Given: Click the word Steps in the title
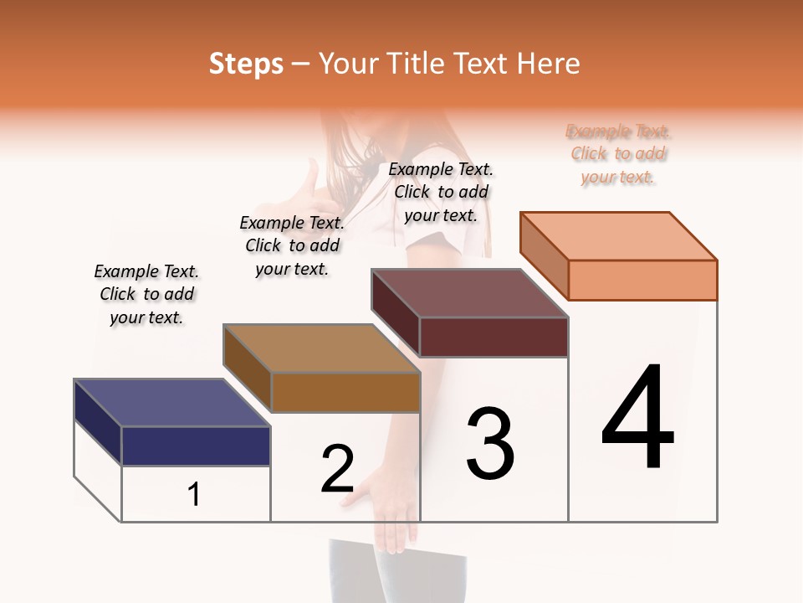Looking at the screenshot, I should pyautogui.click(x=245, y=64).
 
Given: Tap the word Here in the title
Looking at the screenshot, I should pyautogui.click(x=548, y=64).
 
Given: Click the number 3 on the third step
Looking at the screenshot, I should pyautogui.click(x=489, y=443).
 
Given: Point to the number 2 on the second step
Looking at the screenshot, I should pyautogui.click(x=337, y=469).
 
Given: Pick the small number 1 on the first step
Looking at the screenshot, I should pyautogui.click(x=194, y=494).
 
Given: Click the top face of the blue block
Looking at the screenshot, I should pyautogui.click(x=171, y=403).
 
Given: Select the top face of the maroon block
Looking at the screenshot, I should pyautogui.click(x=469, y=293).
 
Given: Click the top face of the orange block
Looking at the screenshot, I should pyautogui.click(x=618, y=235).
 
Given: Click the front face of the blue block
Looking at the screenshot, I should pyautogui.click(x=196, y=446).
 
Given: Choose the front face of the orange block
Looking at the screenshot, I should pyautogui.click(x=642, y=280).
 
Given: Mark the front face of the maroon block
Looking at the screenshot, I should pyautogui.click(x=494, y=337).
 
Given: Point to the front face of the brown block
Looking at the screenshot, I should pyautogui.click(x=345, y=392).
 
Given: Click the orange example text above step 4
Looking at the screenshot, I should pyautogui.click(x=618, y=154).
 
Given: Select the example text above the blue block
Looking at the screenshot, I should pyautogui.click(x=146, y=294).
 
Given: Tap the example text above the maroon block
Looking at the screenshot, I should pyautogui.click(x=441, y=192).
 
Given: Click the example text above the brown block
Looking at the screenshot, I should pyautogui.click(x=292, y=245).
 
